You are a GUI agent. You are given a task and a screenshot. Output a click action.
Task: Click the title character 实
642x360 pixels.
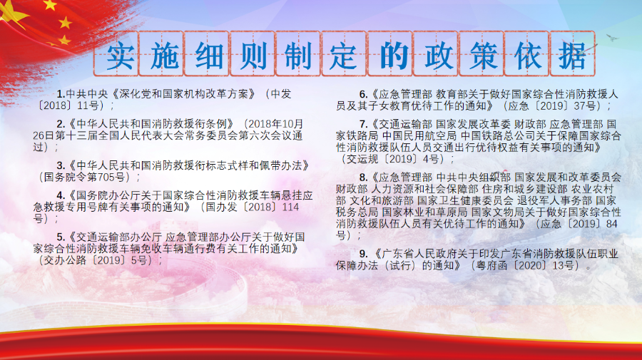(x=121, y=56)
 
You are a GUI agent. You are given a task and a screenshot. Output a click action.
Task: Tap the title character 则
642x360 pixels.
(x=253, y=56)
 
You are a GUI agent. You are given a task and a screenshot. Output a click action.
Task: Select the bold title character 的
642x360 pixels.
(x=394, y=56)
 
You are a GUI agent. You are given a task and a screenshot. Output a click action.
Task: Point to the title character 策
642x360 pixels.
(x=483, y=56)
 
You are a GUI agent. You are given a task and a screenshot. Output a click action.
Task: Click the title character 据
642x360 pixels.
(x=572, y=56)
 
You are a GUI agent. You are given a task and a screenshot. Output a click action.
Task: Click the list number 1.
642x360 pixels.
(x=61, y=94)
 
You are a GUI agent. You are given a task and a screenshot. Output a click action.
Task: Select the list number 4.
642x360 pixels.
(x=61, y=195)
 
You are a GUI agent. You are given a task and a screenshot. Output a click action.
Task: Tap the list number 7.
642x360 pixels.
(x=363, y=124)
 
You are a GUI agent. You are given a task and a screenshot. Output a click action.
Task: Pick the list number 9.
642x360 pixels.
(x=363, y=254)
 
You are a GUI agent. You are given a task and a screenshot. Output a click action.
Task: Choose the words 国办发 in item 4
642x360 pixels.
(x=221, y=207)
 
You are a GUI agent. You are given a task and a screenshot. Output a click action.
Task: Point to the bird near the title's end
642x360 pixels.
(x=612, y=38)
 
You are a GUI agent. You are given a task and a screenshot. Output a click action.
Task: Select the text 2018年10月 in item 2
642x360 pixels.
(x=275, y=124)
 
